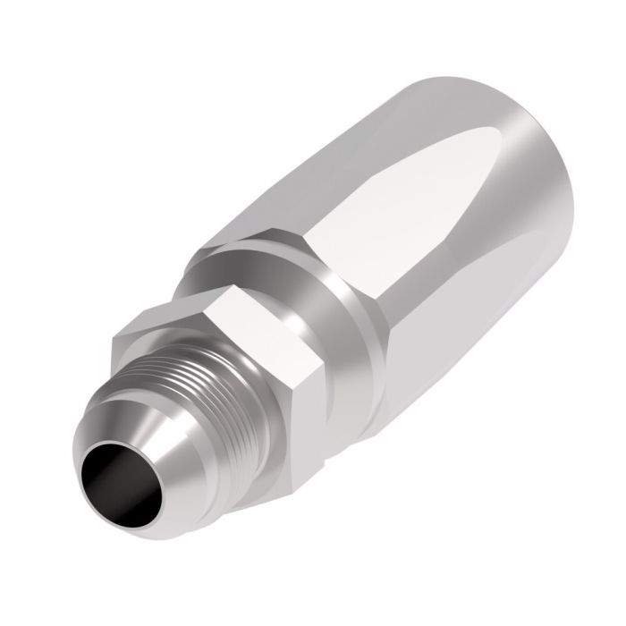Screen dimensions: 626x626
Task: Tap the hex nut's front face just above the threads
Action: click(x=152, y=344)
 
